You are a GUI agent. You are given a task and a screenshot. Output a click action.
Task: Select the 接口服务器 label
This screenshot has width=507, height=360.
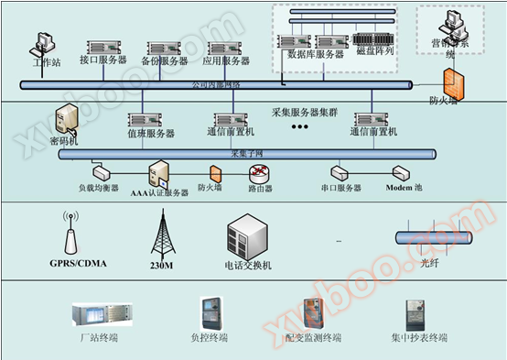(102, 60)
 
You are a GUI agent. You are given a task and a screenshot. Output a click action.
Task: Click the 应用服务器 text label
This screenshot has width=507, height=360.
(225, 60)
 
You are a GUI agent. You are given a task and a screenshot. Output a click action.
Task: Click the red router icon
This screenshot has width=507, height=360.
(261, 172)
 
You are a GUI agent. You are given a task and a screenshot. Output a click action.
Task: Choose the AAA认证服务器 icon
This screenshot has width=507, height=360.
(158, 172)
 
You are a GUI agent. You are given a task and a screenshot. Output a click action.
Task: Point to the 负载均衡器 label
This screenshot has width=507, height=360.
(99, 188)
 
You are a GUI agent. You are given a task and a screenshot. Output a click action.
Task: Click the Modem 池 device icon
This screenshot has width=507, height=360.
(400, 172)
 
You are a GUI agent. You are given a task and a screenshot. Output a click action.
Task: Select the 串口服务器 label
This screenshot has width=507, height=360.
(341, 188)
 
